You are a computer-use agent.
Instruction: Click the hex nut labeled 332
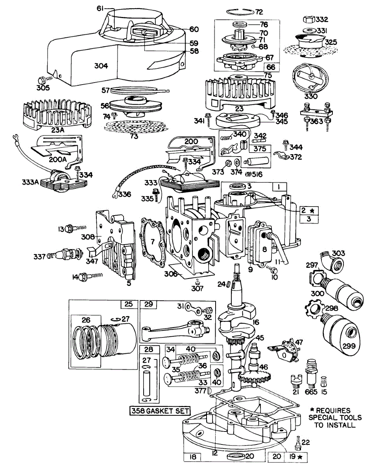[309, 19]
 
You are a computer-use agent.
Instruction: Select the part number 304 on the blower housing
[101, 66]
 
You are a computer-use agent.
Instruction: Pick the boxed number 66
[271, 67]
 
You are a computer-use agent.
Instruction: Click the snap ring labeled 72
[239, 12]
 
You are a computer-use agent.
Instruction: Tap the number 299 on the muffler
[349, 346]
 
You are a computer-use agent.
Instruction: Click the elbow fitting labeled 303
[332, 261]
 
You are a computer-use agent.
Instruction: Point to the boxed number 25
[129, 304]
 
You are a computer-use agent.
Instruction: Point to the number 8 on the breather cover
[264, 249]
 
